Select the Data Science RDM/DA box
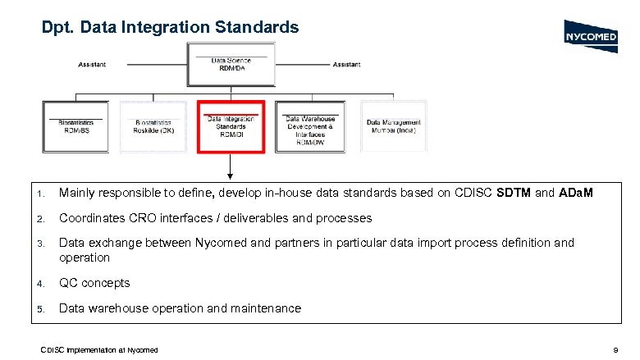pyautogui.click(x=231, y=64)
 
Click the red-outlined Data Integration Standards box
pyautogui.click(x=231, y=126)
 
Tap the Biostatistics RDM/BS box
pyautogui.click(x=76, y=125)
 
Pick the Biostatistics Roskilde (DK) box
pyautogui.click(x=154, y=125)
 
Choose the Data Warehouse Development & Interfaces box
pyautogui.click(x=310, y=126)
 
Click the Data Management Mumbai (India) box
pyautogui.click(x=392, y=125)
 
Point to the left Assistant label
pyautogui.click(x=91, y=64)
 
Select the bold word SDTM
pyautogui.click(x=515, y=193)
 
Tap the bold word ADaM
pyautogui.click(x=576, y=193)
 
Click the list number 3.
pyautogui.click(x=40, y=244)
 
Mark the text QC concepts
pyautogui.click(x=94, y=283)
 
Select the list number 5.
pyautogui.click(x=40, y=308)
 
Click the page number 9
pyautogui.click(x=615, y=350)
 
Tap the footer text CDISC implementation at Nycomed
pyautogui.click(x=99, y=350)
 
